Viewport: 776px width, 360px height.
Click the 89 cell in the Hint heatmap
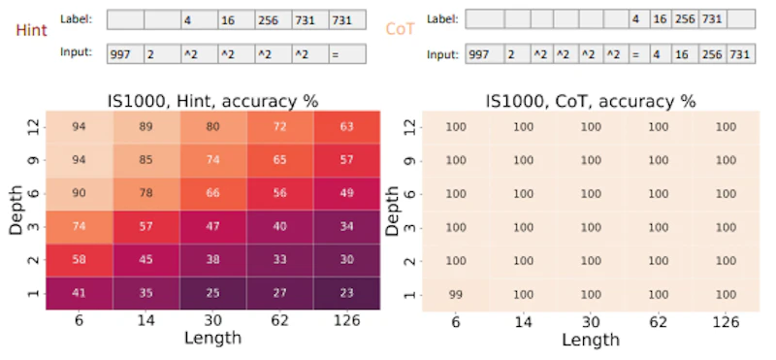point(146,127)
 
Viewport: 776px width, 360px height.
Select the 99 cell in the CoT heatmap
point(455,295)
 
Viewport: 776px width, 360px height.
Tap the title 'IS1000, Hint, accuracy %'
point(212,101)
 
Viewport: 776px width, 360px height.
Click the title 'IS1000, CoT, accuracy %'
point(591,101)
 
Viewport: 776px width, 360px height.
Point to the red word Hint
point(31,30)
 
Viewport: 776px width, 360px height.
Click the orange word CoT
point(400,29)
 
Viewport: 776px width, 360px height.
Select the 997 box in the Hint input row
point(126,53)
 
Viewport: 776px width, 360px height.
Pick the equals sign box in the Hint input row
point(348,53)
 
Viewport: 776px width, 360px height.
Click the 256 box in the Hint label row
point(274,19)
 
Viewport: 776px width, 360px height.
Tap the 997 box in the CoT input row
point(484,53)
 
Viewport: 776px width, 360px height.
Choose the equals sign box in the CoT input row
point(636,53)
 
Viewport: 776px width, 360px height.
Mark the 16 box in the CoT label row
point(661,18)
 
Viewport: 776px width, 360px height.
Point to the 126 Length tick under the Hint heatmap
point(346,321)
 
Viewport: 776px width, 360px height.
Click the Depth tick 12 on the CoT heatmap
point(410,127)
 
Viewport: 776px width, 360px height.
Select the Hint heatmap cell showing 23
point(346,293)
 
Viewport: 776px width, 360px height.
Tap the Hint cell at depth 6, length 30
point(212,193)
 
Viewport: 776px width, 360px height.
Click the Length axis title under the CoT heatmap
point(591,341)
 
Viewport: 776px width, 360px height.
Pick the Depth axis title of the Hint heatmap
point(16,210)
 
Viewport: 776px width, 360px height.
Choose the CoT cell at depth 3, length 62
point(659,227)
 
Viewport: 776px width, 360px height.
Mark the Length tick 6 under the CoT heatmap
point(455,322)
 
